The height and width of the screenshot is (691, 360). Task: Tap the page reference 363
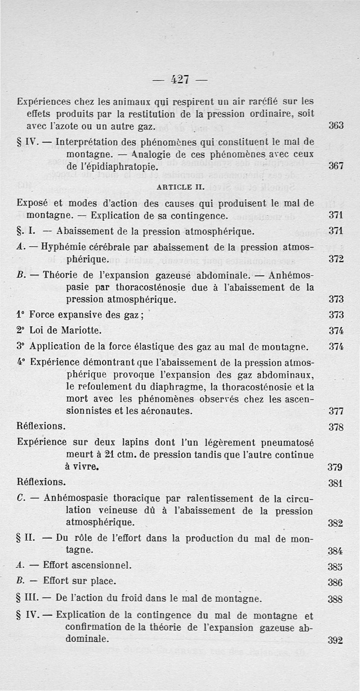[336, 126]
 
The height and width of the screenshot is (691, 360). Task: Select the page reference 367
[336, 166]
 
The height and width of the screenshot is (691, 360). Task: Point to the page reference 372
[336, 259]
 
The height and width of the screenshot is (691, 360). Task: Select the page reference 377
[336, 411]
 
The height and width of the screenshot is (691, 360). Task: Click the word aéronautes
[165, 411]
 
